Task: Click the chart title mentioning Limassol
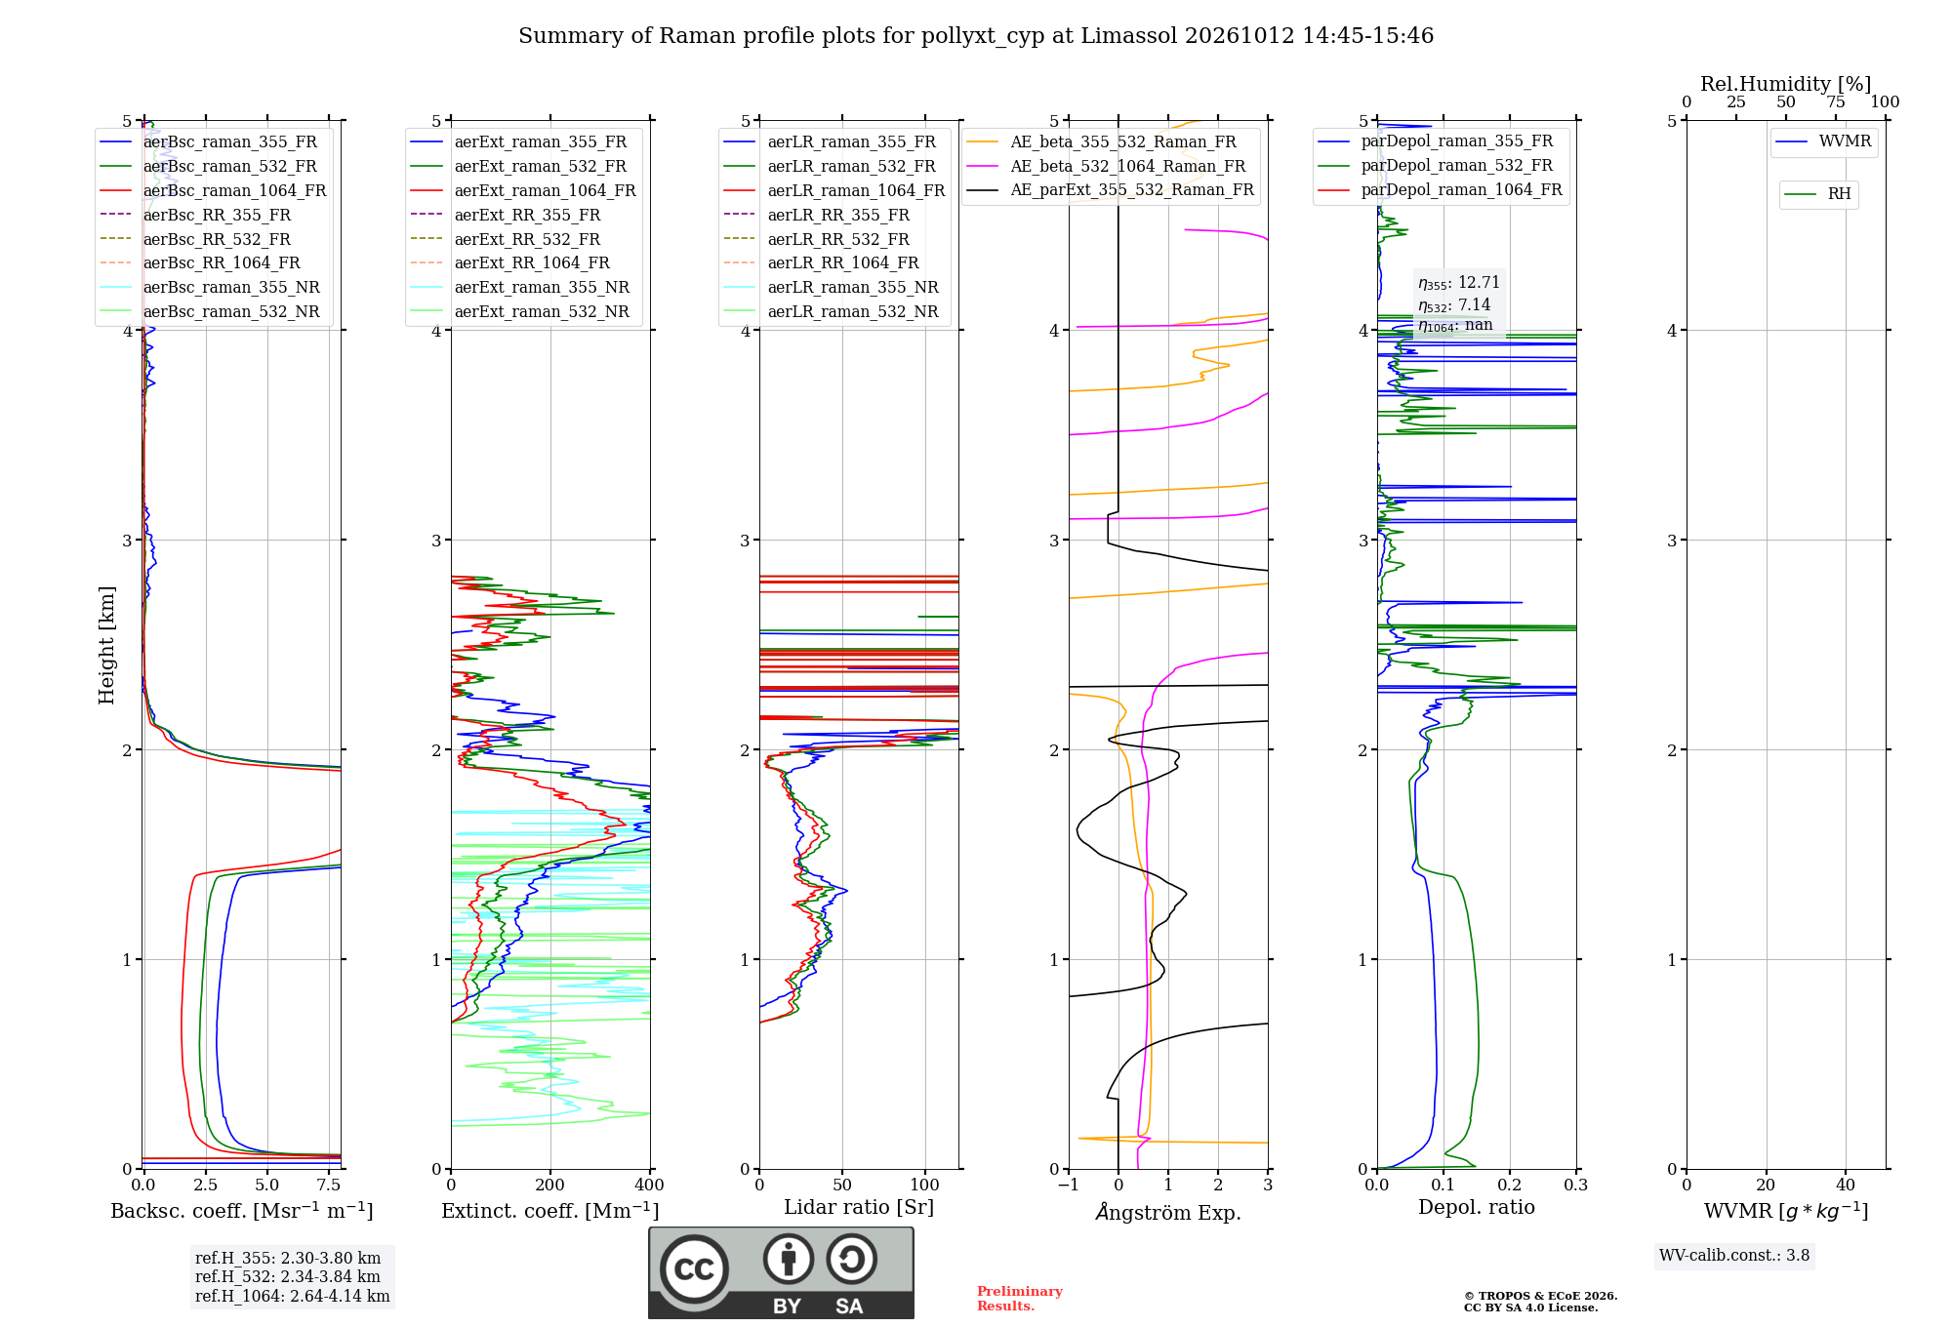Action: tap(976, 36)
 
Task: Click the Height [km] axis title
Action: tap(106, 645)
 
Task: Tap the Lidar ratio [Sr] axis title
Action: tap(859, 1207)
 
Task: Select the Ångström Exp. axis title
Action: tap(1168, 1212)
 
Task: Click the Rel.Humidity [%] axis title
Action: tap(1786, 84)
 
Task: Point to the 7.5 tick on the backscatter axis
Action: tap(329, 1186)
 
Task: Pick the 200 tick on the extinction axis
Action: tap(549, 1186)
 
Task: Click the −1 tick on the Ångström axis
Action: tap(1069, 1186)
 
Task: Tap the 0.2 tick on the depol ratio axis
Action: tap(1510, 1186)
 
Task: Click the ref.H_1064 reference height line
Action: tap(292, 1297)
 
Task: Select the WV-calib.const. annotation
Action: tap(1734, 1256)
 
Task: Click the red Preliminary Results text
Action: tap(1020, 1299)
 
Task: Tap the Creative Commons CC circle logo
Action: tap(694, 1269)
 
